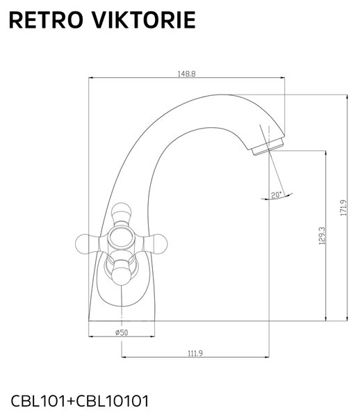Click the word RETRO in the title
(46, 20)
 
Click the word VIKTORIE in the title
(144, 20)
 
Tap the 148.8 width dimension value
(187, 74)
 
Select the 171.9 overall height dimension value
(344, 208)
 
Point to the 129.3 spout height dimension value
(322, 236)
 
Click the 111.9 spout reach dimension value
(195, 353)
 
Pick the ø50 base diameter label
(122, 332)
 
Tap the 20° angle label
(276, 195)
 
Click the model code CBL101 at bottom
(38, 401)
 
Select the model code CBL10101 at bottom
(113, 401)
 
